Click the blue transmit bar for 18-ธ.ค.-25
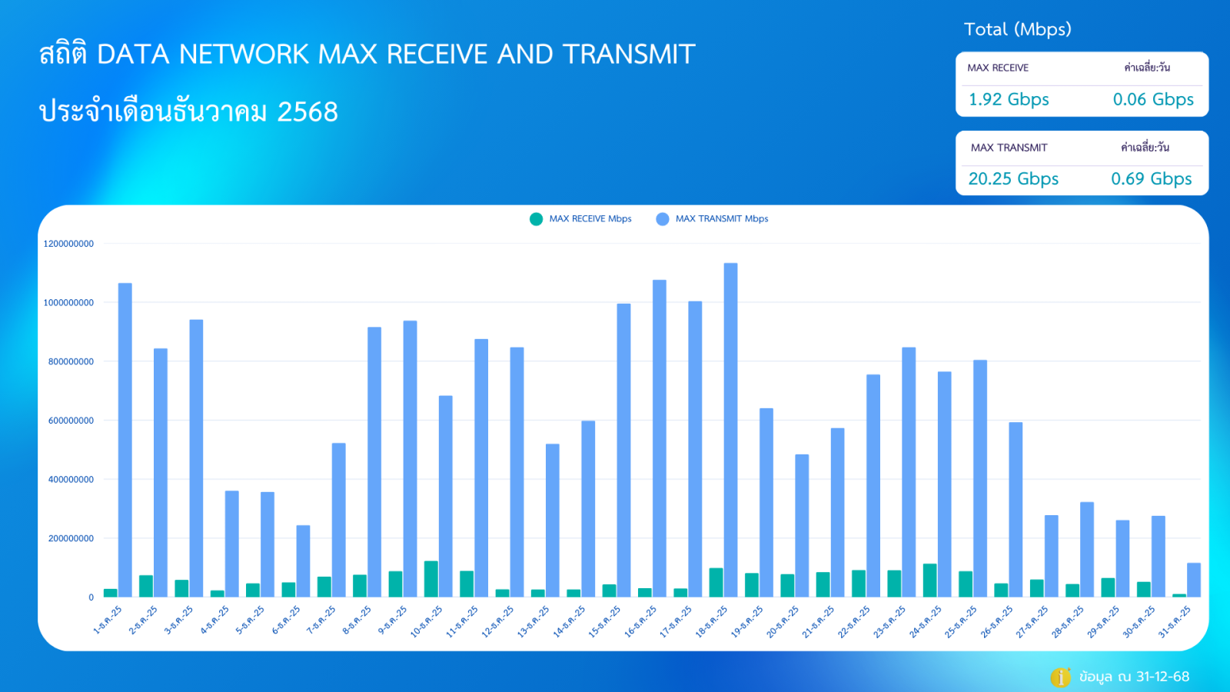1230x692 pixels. (730, 430)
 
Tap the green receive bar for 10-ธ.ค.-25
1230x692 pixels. (431, 579)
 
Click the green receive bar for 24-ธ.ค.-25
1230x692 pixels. (930, 581)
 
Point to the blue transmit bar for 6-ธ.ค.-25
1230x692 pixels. (303, 561)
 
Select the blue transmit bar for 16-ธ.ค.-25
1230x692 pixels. (660, 438)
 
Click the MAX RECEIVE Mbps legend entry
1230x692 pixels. (581, 219)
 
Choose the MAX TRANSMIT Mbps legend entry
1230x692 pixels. (712, 219)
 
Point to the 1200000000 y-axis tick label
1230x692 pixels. (68, 244)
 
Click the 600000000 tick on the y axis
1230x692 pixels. (71, 421)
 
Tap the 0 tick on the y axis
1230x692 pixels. (91, 597)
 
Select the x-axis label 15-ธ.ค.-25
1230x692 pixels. (605, 621)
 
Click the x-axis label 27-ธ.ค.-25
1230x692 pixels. (1032, 621)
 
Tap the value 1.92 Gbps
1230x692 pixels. (1009, 100)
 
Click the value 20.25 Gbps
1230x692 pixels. (1013, 179)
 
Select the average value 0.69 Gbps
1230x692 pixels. (1151, 179)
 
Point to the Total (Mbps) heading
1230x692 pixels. (1017, 29)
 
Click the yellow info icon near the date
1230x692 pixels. (1060, 677)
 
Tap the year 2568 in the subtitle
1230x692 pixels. (307, 112)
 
